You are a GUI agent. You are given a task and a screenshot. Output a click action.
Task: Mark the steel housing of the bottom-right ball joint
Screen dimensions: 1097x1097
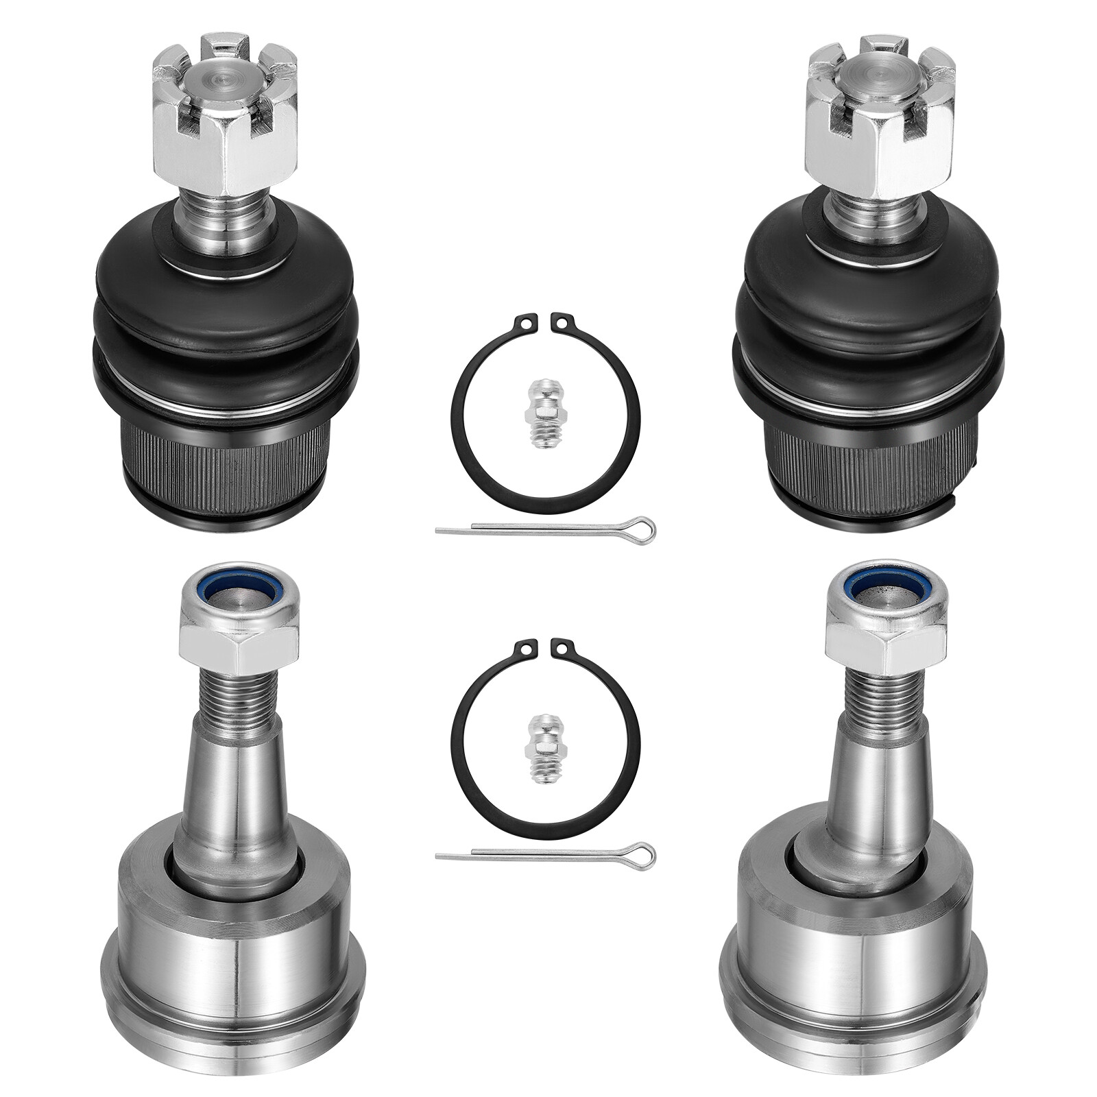point(857,960)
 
